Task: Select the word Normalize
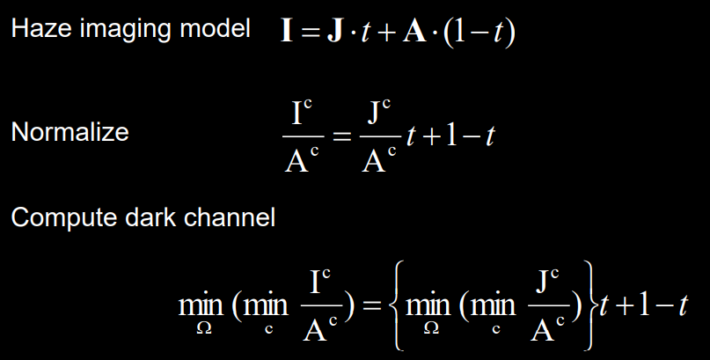tap(70, 133)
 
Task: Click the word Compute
tap(55, 217)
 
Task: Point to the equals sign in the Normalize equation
tap(341, 136)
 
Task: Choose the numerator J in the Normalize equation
tap(376, 114)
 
